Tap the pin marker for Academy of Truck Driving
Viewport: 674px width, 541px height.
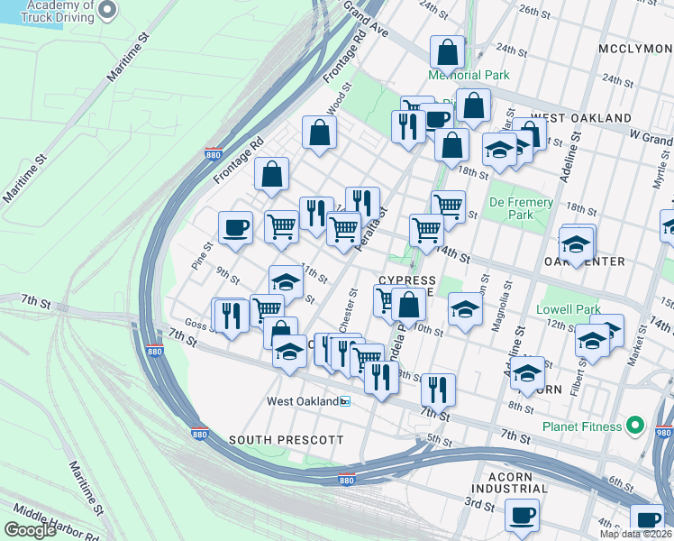pos(106,11)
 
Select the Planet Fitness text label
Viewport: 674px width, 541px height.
pos(581,426)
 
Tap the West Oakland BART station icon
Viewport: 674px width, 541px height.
pos(344,401)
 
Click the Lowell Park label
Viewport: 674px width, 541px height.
pos(568,309)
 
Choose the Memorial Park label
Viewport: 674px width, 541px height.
pos(469,76)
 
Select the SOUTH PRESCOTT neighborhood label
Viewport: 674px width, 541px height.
pos(286,439)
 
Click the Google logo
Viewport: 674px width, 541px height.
pos(30,529)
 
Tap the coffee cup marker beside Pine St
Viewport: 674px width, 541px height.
pos(236,227)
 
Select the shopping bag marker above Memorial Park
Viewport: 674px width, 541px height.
pos(447,52)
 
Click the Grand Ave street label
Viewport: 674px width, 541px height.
pos(366,14)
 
